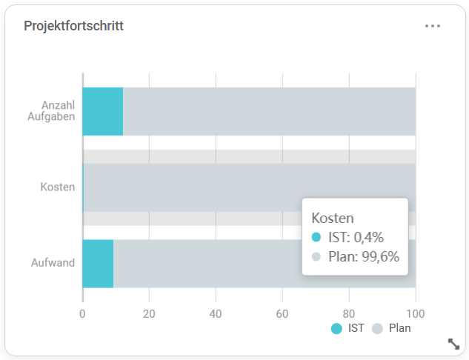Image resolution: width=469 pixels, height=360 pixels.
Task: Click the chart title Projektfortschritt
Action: point(73,26)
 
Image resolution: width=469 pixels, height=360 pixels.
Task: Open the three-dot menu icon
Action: point(433,26)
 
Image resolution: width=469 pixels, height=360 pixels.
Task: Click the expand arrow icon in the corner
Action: point(454,343)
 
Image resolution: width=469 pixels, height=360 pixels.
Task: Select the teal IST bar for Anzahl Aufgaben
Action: point(102,111)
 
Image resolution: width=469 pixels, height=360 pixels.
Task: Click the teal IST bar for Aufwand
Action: point(98,263)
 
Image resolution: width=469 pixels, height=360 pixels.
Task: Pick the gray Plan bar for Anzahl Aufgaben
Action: point(267,111)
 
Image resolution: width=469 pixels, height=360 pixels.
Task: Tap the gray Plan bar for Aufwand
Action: point(207,263)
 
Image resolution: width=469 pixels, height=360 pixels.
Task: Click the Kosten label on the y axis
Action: point(57,187)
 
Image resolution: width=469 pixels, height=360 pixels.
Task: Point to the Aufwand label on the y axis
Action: point(53,262)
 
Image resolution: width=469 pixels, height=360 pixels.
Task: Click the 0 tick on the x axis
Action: point(82,313)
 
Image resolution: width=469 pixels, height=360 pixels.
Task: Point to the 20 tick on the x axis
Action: point(149,313)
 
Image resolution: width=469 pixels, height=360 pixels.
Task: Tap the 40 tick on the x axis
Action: point(216,313)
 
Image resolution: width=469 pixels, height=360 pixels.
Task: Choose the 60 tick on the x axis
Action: point(282,313)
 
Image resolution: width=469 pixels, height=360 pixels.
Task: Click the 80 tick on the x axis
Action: point(349,313)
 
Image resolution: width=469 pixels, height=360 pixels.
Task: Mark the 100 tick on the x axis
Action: point(415,313)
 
